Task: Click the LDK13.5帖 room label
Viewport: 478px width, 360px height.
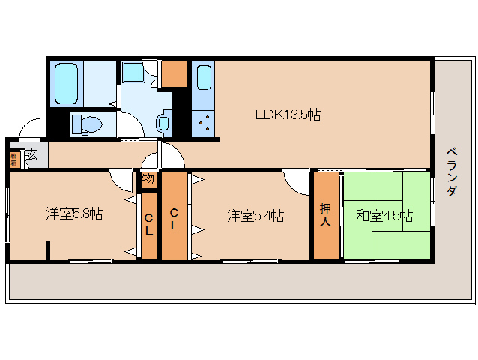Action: pyautogui.click(x=288, y=115)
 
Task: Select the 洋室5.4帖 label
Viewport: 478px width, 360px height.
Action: pyautogui.click(x=255, y=216)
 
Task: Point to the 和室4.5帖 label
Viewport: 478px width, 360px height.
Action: pyautogui.click(x=384, y=216)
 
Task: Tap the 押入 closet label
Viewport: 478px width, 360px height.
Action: pyautogui.click(x=326, y=216)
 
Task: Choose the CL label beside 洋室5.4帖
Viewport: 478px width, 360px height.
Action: pyautogui.click(x=174, y=218)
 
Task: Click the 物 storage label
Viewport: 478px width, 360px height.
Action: pyautogui.click(x=148, y=180)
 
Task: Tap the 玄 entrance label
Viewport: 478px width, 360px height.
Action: pyautogui.click(x=31, y=156)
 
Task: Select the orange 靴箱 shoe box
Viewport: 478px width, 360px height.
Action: pyautogui.click(x=13, y=159)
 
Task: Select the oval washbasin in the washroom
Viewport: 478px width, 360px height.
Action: pyautogui.click(x=163, y=124)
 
